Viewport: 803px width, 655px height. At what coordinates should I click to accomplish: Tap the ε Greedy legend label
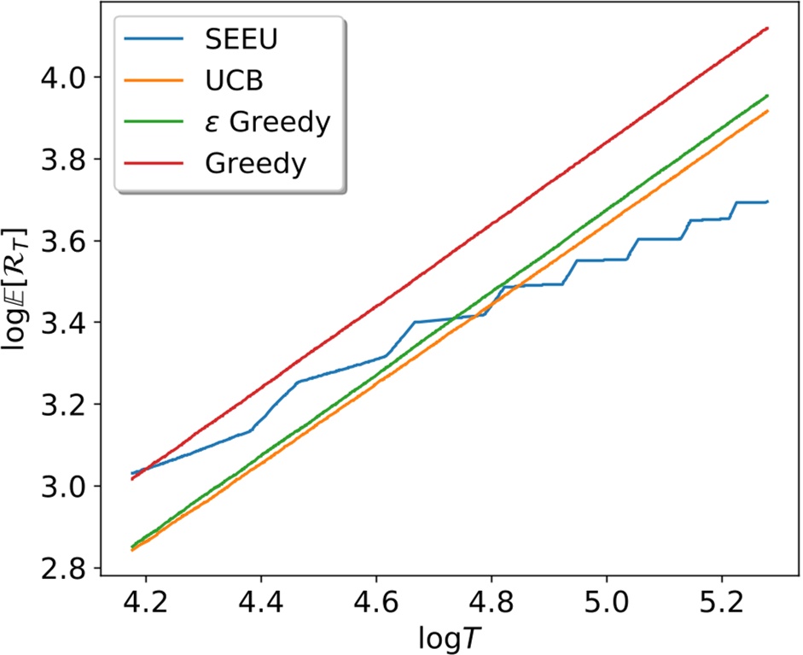point(267,122)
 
